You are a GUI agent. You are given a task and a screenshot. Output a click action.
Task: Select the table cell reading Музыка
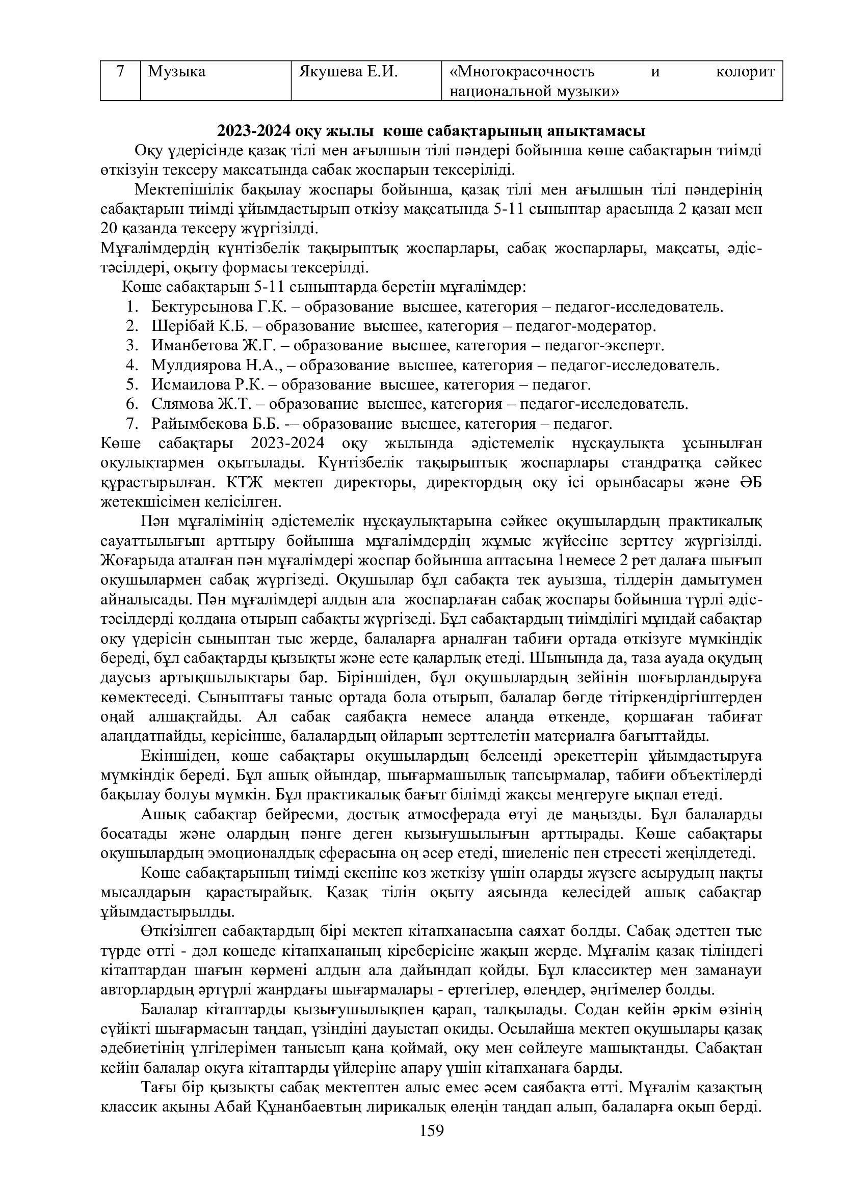click(176, 71)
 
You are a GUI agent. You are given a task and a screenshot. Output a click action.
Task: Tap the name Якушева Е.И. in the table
click(348, 71)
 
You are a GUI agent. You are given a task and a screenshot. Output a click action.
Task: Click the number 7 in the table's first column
click(120, 71)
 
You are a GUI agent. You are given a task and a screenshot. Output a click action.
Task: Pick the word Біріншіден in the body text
click(378, 678)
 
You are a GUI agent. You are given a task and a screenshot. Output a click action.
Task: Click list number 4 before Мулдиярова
click(130, 365)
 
